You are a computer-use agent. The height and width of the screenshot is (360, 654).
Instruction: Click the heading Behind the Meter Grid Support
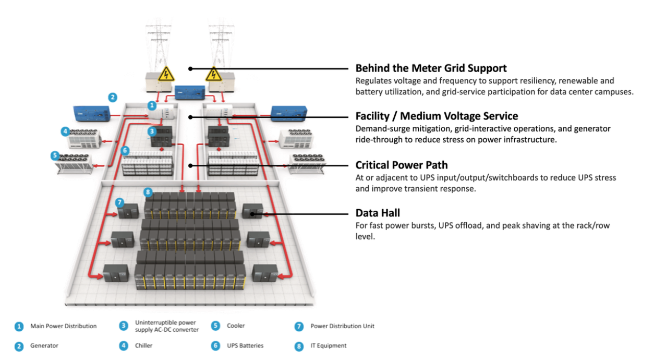pos(431,68)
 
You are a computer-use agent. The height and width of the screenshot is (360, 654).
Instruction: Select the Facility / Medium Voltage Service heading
pos(437,116)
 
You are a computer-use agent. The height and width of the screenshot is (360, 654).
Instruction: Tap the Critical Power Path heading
pos(402,165)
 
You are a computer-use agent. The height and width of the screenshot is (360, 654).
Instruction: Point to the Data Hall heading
pos(378,213)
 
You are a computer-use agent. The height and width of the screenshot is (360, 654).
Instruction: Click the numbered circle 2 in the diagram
pos(113,97)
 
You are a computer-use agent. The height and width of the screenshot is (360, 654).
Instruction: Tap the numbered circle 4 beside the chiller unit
pos(65,131)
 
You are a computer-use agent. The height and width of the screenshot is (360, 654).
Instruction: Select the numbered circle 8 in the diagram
pos(148,192)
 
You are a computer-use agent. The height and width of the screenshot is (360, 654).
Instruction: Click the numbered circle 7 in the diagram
pos(119,202)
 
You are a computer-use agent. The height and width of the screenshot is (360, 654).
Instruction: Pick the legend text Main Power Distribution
pos(63,326)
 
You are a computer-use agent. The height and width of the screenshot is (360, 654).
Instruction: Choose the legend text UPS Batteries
pos(245,346)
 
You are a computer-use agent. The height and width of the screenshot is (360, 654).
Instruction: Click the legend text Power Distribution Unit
pos(342,326)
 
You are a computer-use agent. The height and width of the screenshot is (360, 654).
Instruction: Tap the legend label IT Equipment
pos(329,346)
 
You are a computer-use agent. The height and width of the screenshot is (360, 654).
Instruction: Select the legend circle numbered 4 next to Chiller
pos(124,346)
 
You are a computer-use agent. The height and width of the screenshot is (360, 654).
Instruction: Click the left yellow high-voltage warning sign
pos(166,74)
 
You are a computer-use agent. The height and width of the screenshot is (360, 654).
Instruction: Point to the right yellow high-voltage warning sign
pos(213,74)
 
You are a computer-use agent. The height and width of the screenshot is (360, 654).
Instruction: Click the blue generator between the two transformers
pos(190,92)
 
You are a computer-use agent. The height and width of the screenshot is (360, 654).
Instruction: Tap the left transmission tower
pos(159,47)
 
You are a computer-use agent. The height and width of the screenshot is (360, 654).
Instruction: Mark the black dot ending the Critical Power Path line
pos(190,165)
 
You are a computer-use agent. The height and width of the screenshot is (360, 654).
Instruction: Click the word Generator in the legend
pos(44,346)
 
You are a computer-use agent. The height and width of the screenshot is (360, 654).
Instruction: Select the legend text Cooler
pos(236,326)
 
